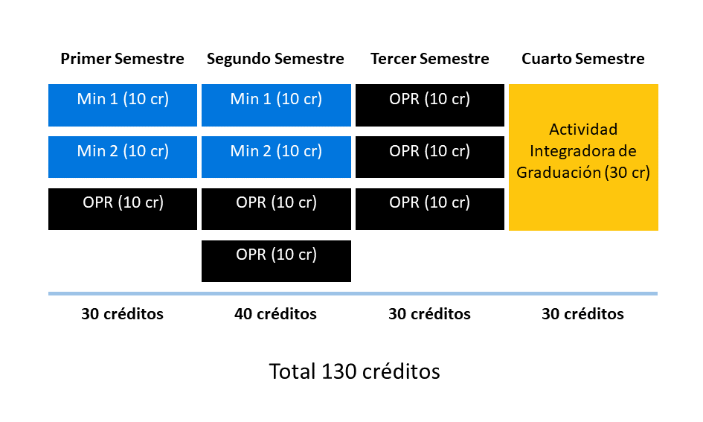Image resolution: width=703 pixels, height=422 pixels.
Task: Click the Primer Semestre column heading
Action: (123, 59)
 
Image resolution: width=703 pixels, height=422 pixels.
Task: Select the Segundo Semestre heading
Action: (275, 59)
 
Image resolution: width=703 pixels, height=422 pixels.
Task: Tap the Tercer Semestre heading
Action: (429, 59)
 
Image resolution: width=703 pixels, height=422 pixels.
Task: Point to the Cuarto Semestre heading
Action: (582, 59)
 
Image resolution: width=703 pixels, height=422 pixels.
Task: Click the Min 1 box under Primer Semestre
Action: (123, 106)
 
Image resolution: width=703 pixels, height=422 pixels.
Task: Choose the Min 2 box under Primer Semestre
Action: (123, 157)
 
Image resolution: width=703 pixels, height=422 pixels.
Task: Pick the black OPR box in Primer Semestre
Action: (123, 209)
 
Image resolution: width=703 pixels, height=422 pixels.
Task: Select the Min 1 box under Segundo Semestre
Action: (276, 106)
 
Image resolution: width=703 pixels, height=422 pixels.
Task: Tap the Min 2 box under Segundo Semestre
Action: (276, 157)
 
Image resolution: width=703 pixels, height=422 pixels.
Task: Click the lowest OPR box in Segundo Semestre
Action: (276, 261)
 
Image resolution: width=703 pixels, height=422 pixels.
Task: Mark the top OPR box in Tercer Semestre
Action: (430, 106)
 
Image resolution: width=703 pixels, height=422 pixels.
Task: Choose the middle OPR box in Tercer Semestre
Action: (430, 157)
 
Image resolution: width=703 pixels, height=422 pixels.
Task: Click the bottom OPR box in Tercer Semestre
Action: (430, 209)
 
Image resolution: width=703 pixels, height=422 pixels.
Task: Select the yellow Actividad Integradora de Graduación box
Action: (584, 157)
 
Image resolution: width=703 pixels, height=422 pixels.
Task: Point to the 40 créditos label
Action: (275, 314)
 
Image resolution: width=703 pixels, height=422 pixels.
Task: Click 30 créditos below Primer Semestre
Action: (123, 314)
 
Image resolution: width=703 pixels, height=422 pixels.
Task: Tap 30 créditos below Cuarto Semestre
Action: (582, 314)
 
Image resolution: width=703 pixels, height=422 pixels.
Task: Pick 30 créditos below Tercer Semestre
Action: (429, 314)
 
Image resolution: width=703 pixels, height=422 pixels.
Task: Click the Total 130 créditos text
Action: (354, 371)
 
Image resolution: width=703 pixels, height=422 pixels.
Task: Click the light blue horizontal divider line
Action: (353, 294)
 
